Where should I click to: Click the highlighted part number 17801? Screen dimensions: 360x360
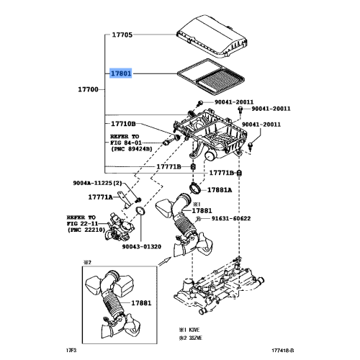pos(121,73)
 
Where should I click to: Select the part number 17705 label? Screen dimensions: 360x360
pos(122,35)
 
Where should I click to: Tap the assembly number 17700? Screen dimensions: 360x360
pos(88,89)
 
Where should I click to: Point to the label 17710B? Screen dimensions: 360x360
pos(123,124)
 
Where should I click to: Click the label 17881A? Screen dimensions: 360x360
pos(220,190)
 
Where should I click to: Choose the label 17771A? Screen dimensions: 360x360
pos(101,197)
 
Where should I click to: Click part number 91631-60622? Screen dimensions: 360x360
pos(231,218)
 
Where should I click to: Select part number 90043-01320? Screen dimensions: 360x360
pos(142,246)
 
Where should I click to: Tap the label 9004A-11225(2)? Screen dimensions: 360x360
pos(96,183)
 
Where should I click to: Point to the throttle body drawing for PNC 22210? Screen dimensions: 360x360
pos(120,227)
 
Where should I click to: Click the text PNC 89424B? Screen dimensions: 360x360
pos(132,149)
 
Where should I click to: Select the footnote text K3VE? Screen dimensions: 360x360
pos(194,330)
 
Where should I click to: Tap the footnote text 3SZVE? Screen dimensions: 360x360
pos(195,338)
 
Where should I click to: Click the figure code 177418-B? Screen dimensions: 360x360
pos(282,351)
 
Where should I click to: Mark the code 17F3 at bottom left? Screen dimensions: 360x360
pos(71,351)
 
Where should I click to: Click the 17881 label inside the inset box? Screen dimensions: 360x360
pos(141,303)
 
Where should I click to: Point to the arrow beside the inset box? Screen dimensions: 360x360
pos(165,261)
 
